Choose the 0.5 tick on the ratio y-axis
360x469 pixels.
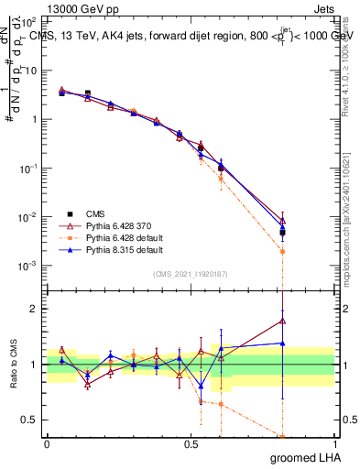coord(31,420)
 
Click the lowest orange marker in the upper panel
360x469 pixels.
coord(283,251)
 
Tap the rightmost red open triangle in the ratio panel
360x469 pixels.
coord(283,321)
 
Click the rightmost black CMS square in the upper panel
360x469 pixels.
coord(283,233)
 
